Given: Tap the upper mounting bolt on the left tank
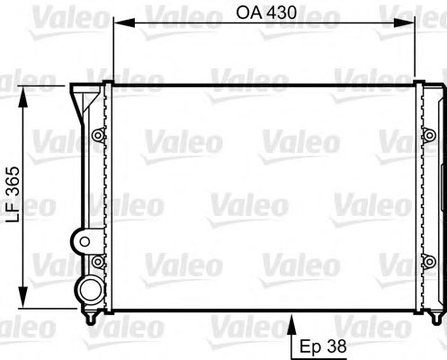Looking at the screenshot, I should pos(97,137).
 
